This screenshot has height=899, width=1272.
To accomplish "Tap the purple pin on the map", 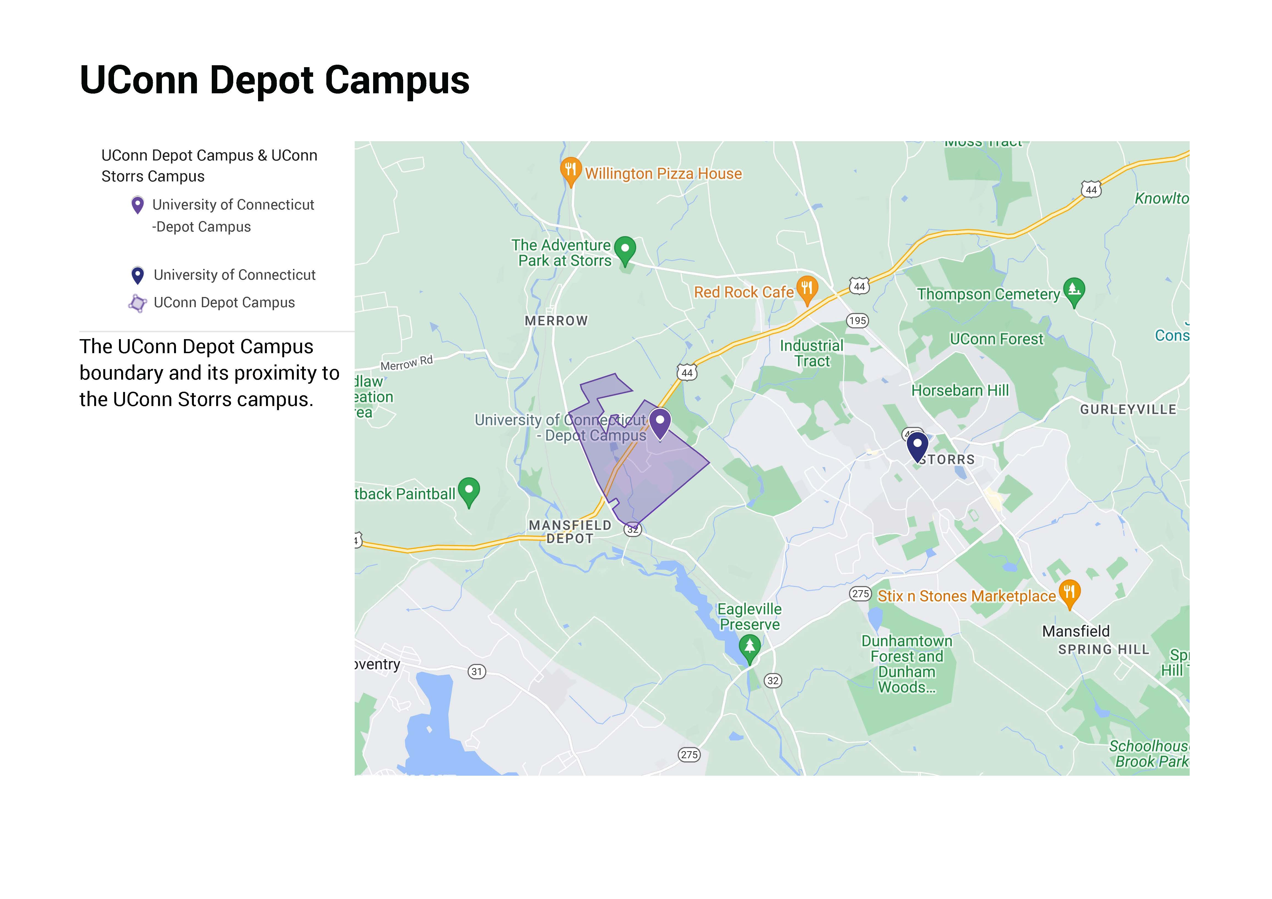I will [x=660, y=422].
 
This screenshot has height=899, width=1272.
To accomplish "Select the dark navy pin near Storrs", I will [x=917, y=445].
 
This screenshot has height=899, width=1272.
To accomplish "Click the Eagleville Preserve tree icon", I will [x=750, y=646].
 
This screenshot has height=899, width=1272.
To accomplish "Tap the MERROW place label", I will [x=556, y=321].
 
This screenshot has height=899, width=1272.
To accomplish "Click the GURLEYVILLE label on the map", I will [x=1128, y=409].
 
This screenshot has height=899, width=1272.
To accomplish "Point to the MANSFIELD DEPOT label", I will [x=570, y=532].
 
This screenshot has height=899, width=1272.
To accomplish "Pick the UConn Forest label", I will [x=996, y=339].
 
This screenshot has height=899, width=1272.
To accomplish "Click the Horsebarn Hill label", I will [x=960, y=391].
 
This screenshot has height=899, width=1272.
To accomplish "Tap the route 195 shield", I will [x=858, y=321].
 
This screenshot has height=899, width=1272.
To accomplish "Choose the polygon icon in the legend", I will [x=137, y=303].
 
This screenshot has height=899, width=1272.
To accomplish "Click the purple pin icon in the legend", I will [x=137, y=205].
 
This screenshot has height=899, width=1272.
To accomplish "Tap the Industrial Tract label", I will [x=812, y=353].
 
